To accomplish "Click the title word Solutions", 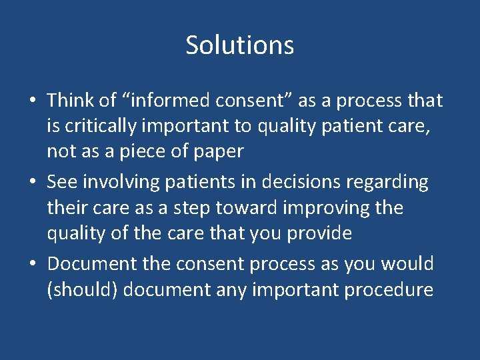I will coord(240,45).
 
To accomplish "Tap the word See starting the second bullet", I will coord(61,182).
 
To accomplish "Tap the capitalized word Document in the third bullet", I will coord(92,264).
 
